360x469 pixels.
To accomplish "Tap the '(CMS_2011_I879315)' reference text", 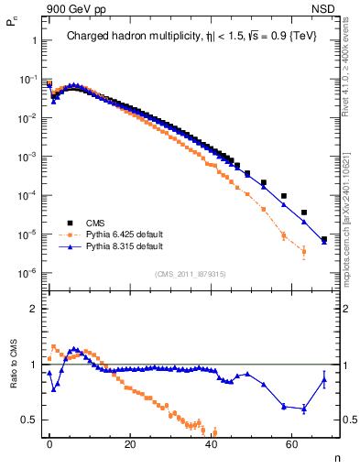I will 191,272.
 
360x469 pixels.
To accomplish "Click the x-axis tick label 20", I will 130,442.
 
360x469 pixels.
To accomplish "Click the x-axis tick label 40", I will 211,442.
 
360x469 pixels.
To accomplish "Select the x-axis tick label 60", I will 291,442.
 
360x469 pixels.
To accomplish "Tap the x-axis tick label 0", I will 49,442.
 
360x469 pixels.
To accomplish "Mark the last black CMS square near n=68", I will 324,240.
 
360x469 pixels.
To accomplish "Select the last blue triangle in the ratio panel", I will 324,380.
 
